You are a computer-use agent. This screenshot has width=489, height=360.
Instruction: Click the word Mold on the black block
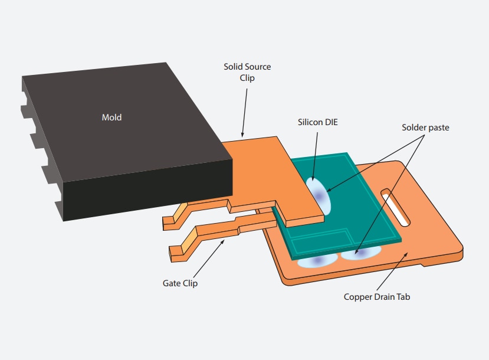click(111, 117)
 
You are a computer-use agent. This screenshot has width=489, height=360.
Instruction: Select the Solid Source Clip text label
click(247, 72)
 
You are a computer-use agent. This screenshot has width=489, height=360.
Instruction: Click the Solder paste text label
click(425, 127)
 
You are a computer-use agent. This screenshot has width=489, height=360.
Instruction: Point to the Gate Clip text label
click(180, 283)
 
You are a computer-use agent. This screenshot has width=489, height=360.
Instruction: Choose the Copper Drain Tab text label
click(376, 297)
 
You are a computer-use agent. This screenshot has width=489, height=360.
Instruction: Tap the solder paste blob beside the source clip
click(319, 195)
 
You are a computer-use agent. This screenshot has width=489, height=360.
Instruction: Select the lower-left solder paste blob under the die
click(317, 260)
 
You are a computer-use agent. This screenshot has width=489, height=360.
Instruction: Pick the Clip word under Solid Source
click(247, 78)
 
